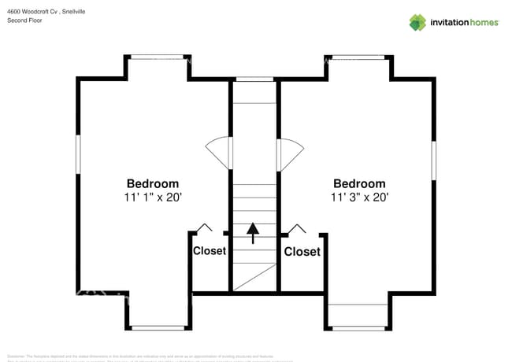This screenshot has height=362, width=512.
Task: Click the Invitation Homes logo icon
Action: [x=417, y=22]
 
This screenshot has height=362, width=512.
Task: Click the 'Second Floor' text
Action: [x=24, y=20]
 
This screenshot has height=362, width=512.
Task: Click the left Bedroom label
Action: [x=153, y=184]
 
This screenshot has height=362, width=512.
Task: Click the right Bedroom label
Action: [x=359, y=184]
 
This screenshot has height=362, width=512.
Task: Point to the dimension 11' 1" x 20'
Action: [x=153, y=198]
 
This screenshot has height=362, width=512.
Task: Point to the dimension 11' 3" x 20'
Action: [x=359, y=198]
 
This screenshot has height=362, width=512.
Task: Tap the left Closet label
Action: [x=210, y=251]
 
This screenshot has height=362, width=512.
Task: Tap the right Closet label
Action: [x=302, y=252]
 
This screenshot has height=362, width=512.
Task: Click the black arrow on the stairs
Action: [x=253, y=233]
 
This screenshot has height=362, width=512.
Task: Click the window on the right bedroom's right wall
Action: [x=433, y=161]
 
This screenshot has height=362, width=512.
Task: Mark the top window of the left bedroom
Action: [x=158, y=57]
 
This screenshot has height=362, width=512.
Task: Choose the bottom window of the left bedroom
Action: [x=158, y=327]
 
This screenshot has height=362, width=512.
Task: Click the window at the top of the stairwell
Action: [x=255, y=79]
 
